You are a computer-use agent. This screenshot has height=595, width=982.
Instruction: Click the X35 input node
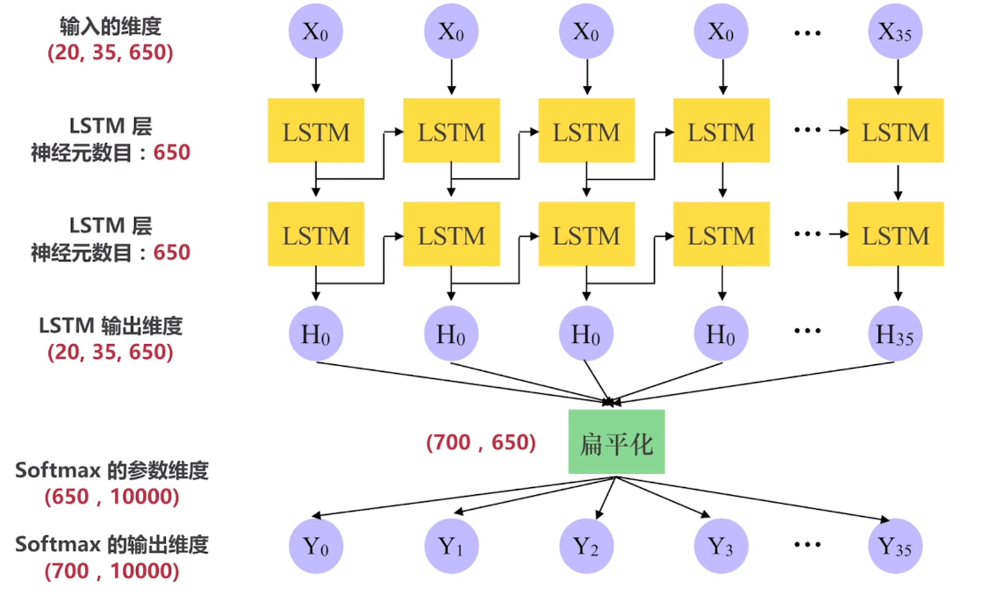pyautogui.click(x=895, y=32)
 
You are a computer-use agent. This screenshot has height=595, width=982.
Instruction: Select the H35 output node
pyautogui.click(x=895, y=334)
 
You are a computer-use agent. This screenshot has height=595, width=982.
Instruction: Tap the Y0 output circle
pyautogui.click(x=316, y=546)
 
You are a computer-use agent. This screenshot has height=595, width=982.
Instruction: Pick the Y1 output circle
pyautogui.click(x=451, y=546)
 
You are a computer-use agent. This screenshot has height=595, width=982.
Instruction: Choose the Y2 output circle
pyautogui.click(x=586, y=546)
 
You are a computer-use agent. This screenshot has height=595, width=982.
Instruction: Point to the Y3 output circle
pyautogui.click(x=721, y=546)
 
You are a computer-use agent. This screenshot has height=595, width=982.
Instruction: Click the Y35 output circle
pyautogui.click(x=895, y=546)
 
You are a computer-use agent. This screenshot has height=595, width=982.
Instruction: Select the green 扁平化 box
pyautogui.click(x=616, y=442)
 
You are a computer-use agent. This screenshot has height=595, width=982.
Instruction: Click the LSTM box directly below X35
pyautogui.click(x=895, y=132)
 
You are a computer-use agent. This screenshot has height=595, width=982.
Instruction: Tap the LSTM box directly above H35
pyautogui.click(x=895, y=235)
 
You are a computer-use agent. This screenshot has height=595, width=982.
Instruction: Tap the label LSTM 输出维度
pyautogui.click(x=111, y=326)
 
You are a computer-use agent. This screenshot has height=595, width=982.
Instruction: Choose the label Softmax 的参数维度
pyautogui.click(x=111, y=470)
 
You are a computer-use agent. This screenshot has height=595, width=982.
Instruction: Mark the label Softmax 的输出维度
pyautogui.click(x=111, y=544)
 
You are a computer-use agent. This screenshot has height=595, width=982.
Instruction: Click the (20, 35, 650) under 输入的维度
pyautogui.click(x=110, y=53)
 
